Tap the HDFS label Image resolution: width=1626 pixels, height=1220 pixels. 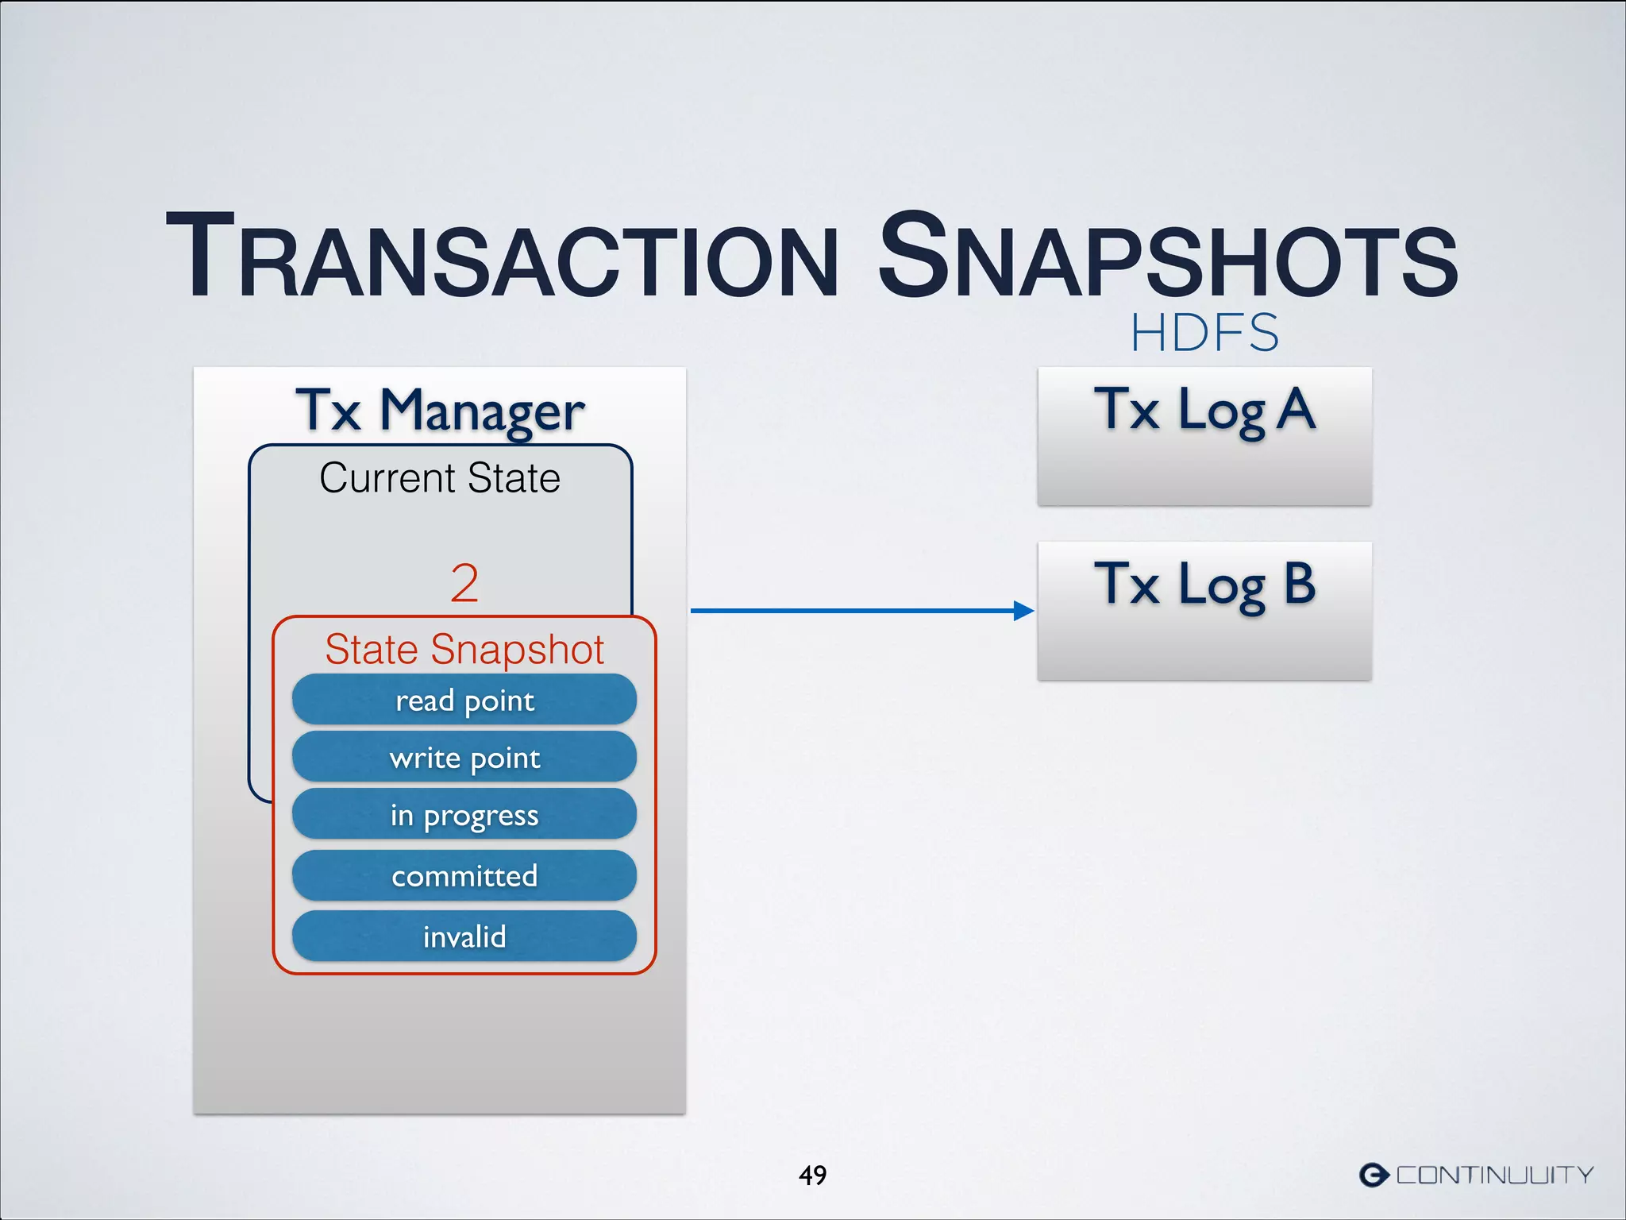1204,333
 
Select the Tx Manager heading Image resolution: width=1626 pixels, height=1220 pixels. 440,411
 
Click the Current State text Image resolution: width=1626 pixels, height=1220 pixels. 440,478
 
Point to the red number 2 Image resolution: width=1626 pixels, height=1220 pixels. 464,583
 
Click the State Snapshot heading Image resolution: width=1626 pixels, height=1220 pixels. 464,649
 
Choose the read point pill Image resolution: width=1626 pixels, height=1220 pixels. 464,700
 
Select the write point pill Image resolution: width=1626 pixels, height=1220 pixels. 464,757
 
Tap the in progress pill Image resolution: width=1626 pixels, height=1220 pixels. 464,815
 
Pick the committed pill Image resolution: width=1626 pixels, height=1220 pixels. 464,875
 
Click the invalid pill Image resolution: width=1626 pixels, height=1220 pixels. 464,936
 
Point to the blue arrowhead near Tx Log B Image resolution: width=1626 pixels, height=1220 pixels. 1024,611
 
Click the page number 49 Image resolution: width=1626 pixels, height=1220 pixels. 812,1175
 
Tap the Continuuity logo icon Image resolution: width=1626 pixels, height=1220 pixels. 1374,1175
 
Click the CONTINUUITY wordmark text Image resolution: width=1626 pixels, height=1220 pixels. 1495,1175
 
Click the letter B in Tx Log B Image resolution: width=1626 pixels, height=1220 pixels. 1300,584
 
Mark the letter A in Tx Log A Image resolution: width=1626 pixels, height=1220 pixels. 1297,409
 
